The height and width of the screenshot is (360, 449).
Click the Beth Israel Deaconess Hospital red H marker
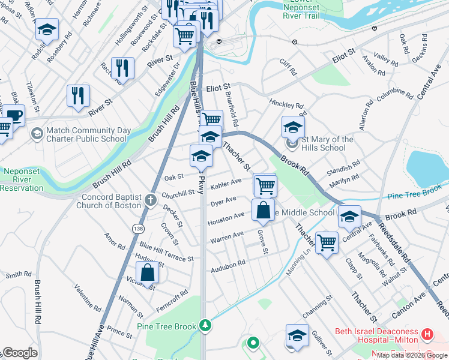coord(427,334)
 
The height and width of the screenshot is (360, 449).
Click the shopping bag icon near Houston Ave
coord(263,211)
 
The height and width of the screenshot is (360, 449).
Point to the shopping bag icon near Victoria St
coord(147,273)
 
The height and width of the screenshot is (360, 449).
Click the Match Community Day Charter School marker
coord(37,133)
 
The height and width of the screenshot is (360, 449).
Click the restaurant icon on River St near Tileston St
coord(78,96)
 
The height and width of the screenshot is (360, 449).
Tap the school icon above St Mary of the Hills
coord(293,127)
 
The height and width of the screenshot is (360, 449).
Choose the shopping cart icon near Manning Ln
coord(327,243)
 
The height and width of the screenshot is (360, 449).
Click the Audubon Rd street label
coord(228,263)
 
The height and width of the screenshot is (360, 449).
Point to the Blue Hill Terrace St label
coord(166,252)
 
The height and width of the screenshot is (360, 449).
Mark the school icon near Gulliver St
coord(297,335)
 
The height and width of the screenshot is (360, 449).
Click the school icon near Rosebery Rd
coord(47,29)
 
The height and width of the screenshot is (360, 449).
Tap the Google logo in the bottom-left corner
coord(19,353)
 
